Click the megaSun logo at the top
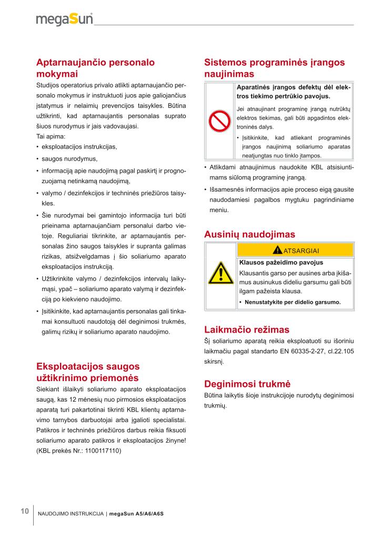tap(64, 19)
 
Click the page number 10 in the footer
tap(24, 511)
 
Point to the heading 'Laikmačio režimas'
tap(246, 330)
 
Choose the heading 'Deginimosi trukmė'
tap(247, 383)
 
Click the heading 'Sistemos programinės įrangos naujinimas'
tap(274, 68)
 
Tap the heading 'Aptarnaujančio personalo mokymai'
tap(95, 68)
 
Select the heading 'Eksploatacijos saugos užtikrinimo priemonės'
tap(87, 372)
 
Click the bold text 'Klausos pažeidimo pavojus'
tap(281, 262)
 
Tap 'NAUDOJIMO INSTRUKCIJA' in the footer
tap(71, 513)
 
